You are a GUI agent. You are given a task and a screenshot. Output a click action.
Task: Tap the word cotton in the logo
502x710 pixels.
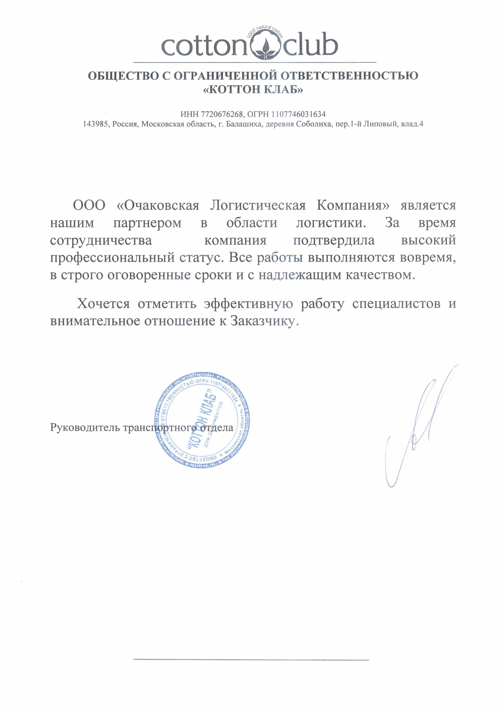204,46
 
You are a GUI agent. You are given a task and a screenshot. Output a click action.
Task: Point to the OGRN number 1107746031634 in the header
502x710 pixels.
299,114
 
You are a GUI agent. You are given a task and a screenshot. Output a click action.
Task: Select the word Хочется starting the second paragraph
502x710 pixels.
103,304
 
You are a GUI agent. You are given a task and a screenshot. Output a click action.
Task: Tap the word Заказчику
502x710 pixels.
265,321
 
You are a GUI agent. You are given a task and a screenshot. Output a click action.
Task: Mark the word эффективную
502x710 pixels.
248,304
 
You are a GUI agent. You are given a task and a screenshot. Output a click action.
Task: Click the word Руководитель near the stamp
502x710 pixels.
84,428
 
